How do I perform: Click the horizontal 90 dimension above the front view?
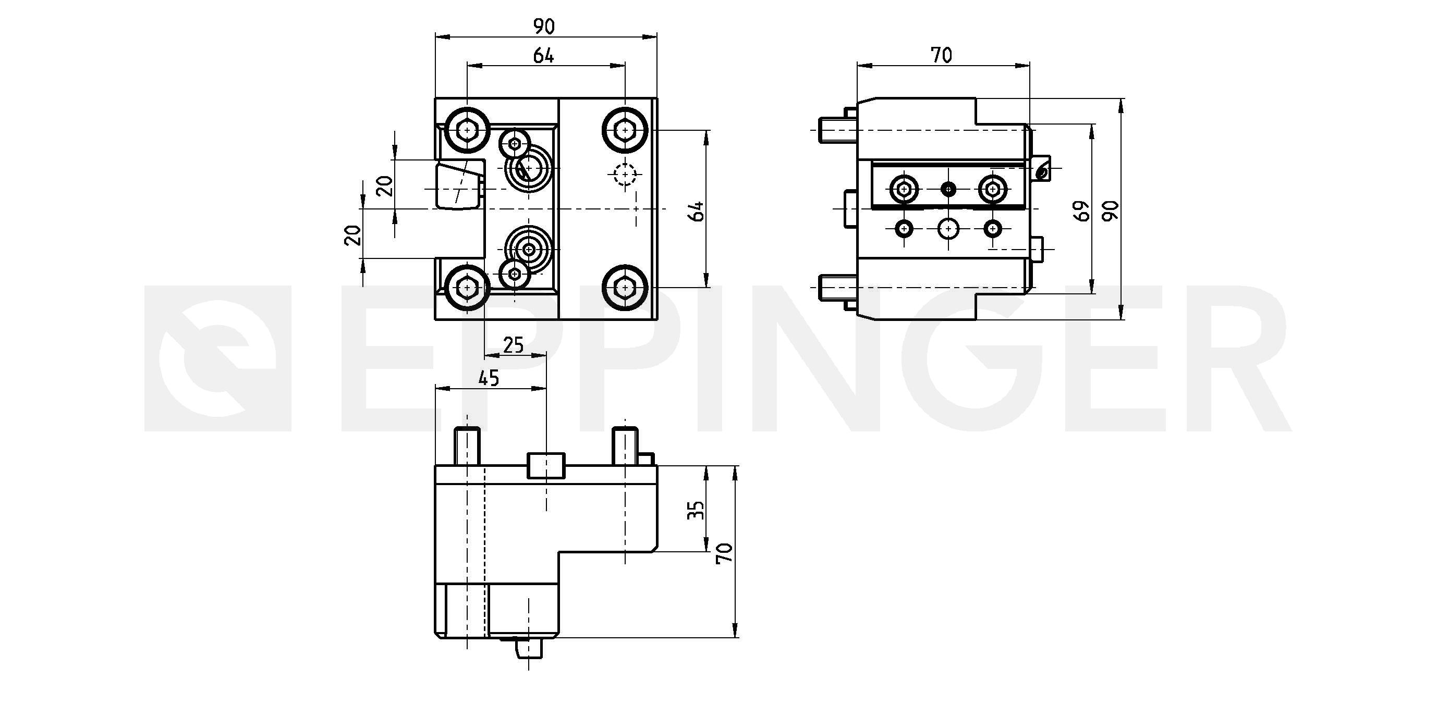tap(544, 26)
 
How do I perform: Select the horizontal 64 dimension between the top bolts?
tap(543, 55)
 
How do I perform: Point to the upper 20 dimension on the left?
tap(385, 185)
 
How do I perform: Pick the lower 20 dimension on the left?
tap(353, 235)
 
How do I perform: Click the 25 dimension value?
tap(513, 345)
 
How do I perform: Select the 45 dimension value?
tap(489, 378)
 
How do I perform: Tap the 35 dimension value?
tap(696, 510)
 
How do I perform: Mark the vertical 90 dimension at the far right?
tap(1111, 211)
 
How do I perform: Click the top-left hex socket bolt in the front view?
tap(468, 130)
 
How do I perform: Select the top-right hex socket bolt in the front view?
tap(625, 130)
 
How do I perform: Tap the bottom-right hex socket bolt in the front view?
tap(625, 288)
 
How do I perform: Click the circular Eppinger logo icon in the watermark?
tap(217, 358)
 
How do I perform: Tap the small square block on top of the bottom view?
tap(546, 465)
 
